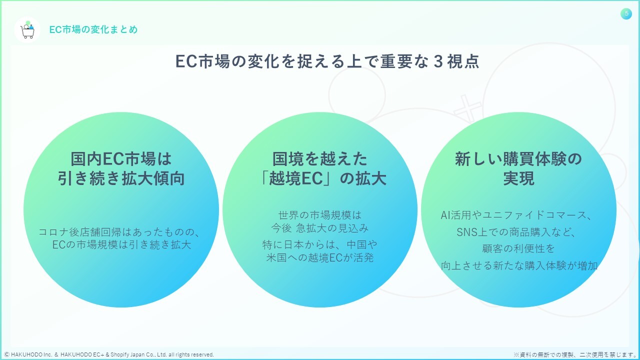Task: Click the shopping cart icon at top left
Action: pyautogui.click(x=27, y=30)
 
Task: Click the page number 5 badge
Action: pyautogui.click(x=626, y=14)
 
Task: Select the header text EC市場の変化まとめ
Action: pyautogui.click(x=93, y=29)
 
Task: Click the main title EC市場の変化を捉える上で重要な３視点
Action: pyautogui.click(x=327, y=61)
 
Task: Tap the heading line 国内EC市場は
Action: pyautogui.click(x=121, y=159)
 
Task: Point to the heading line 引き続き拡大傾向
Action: pyautogui.click(x=121, y=178)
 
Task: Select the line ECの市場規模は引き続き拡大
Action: pyautogui.click(x=121, y=245)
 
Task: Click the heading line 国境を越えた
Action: pyautogui.click(x=320, y=159)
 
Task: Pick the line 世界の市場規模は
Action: pyautogui.click(x=320, y=215)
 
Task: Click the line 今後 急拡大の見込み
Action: pyautogui.click(x=320, y=228)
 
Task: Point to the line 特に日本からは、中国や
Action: pyautogui.click(x=320, y=245)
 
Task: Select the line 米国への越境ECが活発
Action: pyautogui.click(x=320, y=258)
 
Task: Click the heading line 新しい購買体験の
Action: pyautogui.click(x=518, y=159)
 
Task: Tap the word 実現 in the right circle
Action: pyautogui.click(x=518, y=178)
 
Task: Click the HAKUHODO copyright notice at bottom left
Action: pyautogui.click(x=109, y=354)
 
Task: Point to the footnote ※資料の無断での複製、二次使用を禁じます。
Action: pyautogui.click(x=575, y=354)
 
